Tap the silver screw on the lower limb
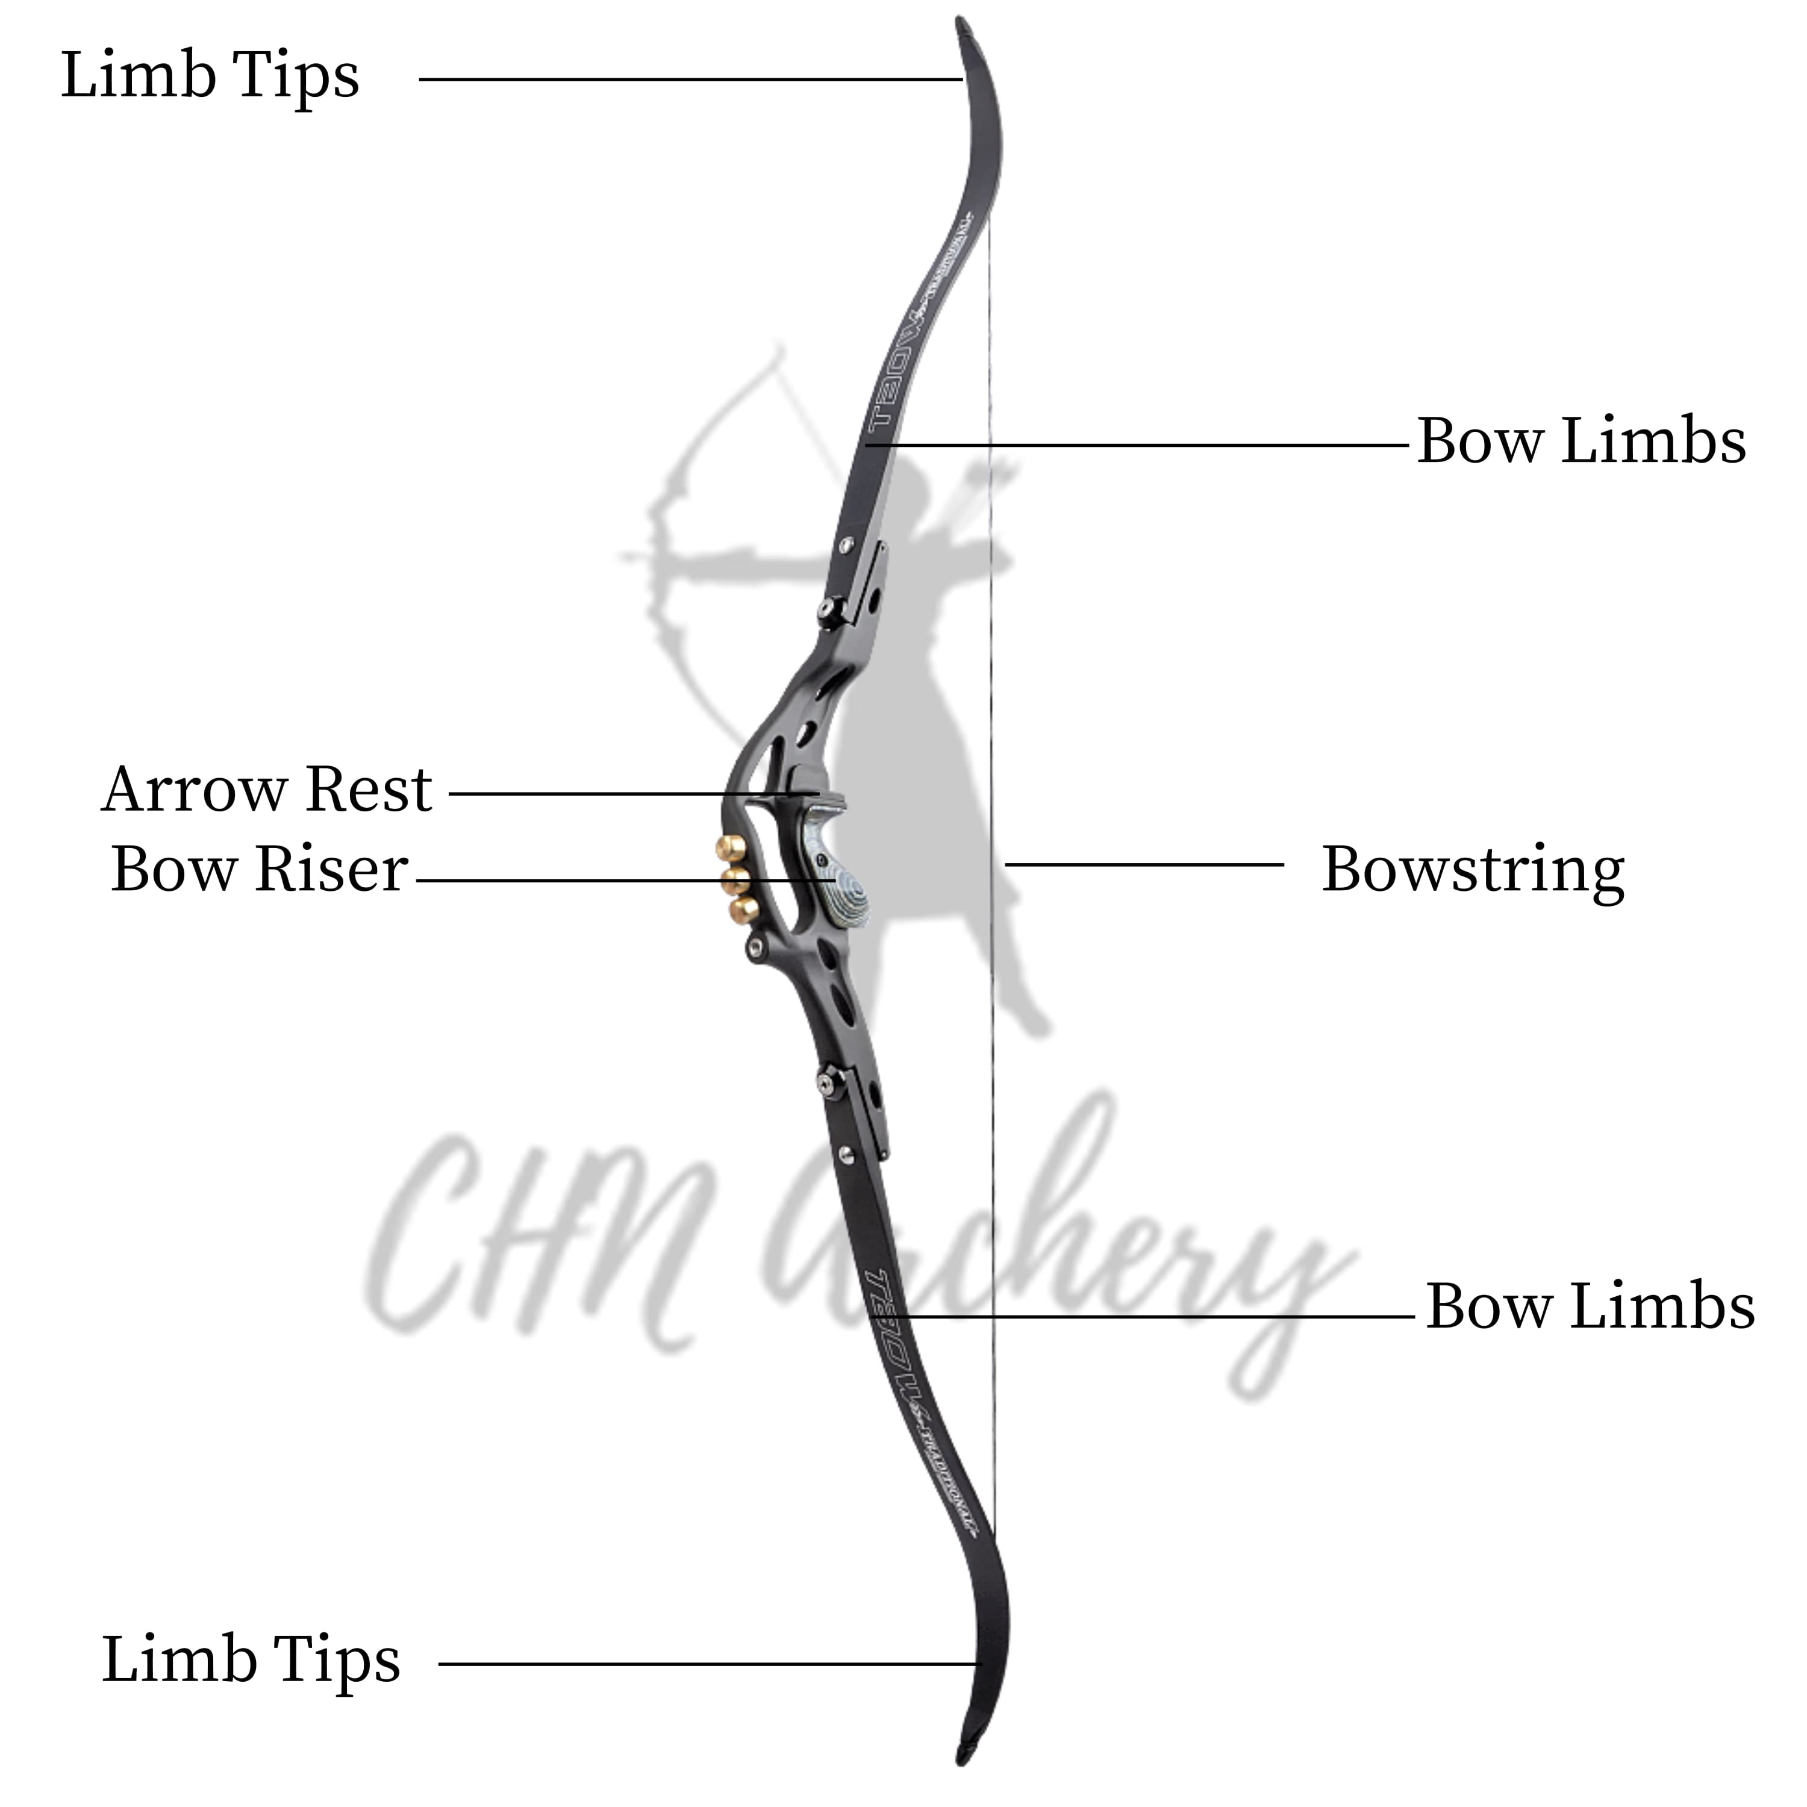click(846, 1153)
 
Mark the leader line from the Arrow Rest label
click(626, 794)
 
